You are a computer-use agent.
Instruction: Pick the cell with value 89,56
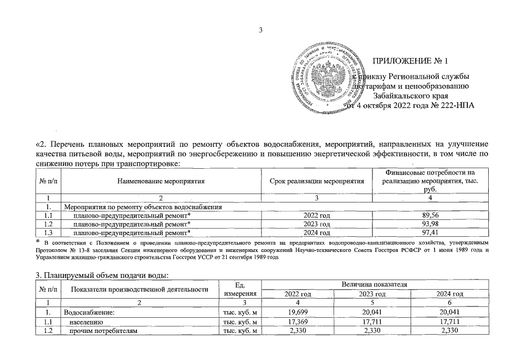coord(430,215)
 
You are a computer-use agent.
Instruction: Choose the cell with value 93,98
coord(430,223)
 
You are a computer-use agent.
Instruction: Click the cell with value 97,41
coord(430,232)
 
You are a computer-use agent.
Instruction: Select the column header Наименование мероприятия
coord(161,181)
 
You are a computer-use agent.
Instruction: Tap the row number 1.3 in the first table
coord(49,232)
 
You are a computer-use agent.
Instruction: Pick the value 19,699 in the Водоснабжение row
coord(300,312)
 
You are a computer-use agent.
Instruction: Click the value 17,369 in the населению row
coord(300,321)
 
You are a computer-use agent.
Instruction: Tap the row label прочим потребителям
coord(103,330)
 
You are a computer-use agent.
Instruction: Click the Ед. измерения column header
coord(240,289)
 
